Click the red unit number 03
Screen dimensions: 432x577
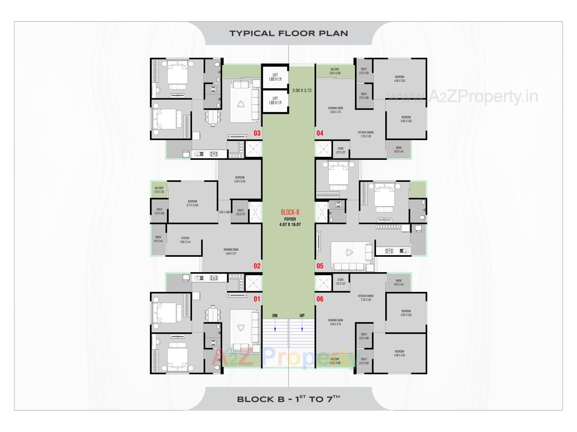tap(257, 133)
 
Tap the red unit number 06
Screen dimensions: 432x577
tap(320, 299)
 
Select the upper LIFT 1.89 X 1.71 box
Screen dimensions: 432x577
tap(275, 77)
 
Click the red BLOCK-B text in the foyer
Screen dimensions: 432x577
tap(290, 212)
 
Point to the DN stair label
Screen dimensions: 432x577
tap(275, 316)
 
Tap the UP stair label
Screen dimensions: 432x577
tap(302, 316)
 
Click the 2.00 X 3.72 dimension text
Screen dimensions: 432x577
tap(302, 90)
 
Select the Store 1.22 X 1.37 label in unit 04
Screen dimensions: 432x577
tap(340, 150)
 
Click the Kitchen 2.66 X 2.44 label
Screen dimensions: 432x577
tap(185, 240)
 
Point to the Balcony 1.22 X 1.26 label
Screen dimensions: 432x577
tap(159, 190)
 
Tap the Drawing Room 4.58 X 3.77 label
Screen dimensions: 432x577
tap(231, 251)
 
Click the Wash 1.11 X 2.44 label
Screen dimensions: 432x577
tap(158, 239)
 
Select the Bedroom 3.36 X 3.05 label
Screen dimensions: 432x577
tap(240, 179)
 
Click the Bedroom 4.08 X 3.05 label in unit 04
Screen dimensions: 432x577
tap(399, 79)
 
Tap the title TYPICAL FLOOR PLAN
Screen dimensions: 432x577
tap(288, 33)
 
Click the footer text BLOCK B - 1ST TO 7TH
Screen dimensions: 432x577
tap(288, 399)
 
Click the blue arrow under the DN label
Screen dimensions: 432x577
tap(275, 329)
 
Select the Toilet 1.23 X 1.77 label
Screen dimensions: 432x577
tap(240, 212)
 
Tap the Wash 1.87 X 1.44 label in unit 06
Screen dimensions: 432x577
tap(399, 283)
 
